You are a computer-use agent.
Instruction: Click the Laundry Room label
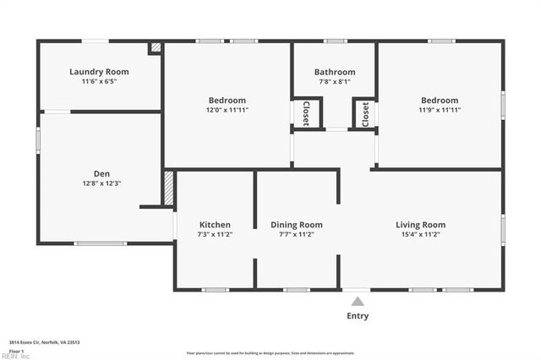pos(99,72)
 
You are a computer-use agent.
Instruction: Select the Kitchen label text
pos(214,224)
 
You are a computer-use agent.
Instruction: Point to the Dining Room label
pos(297,224)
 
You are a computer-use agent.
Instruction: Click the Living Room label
pos(420,224)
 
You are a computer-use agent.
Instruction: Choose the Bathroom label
pos(335,72)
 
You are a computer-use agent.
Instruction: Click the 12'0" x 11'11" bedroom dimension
pos(227,110)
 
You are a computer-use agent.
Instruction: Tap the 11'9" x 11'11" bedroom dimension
pos(440,110)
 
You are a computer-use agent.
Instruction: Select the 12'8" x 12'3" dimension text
pos(101,183)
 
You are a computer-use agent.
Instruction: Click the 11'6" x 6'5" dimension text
pos(99,82)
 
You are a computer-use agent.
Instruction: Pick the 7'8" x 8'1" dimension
pos(335,82)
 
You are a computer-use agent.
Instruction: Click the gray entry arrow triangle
pos(358,300)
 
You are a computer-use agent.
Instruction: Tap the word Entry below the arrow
pos(358,316)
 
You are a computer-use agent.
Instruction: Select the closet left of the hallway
pos(306,113)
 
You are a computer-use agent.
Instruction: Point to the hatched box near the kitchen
pos(168,188)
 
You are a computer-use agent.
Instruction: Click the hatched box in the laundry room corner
pos(155,48)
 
